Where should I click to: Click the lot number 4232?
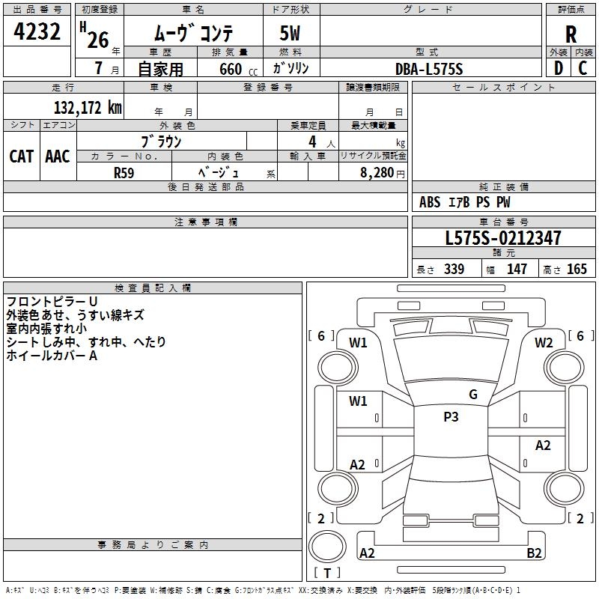click(x=37, y=32)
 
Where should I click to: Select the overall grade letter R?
click(x=571, y=34)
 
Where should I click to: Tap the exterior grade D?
click(x=558, y=68)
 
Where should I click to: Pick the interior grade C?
click(x=583, y=68)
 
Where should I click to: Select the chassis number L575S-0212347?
click(x=502, y=239)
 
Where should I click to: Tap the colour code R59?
click(x=124, y=172)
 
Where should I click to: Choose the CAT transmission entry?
click(x=22, y=156)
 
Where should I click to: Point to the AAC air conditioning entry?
click(x=58, y=156)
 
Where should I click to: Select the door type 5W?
click(x=291, y=34)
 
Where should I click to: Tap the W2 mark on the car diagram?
click(x=544, y=343)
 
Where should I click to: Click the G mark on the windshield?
click(x=472, y=395)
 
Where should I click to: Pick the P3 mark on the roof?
click(x=451, y=417)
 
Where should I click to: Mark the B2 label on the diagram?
click(x=534, y=553)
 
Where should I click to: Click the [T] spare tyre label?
click(x=326, y=573)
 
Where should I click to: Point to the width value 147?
click(x=517, y=270)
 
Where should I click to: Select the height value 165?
click(x=577, y=270)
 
